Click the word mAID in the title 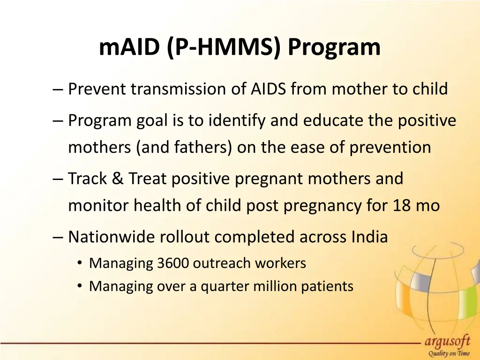[x=130, y=47]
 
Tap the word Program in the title [x=334, y=47]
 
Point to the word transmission [x=180, y=89]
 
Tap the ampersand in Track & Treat [x=117, y=179]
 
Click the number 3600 [x=173, y=263]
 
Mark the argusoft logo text [x=447, y=342]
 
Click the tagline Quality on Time [x=448, y=354]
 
